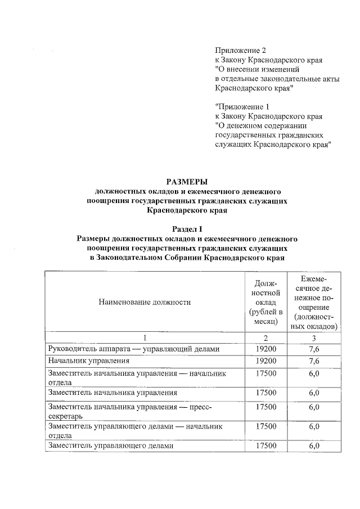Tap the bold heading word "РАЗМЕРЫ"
pyautogui.click(x=187, y=181)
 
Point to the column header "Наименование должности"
pyautogui.click(x=145, y=302)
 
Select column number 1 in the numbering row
pyautogui.click(x=145, y=337)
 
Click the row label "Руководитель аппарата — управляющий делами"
pyautogui.click(x=132, y=349)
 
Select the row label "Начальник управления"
pyautogui.click(x=85, y=361)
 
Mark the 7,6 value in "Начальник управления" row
pyautogui.click(x=314, y=361)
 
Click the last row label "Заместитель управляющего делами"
pyautogui.click(x=111, y=445)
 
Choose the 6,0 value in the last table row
pyautogui.click(x=314, y=445)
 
